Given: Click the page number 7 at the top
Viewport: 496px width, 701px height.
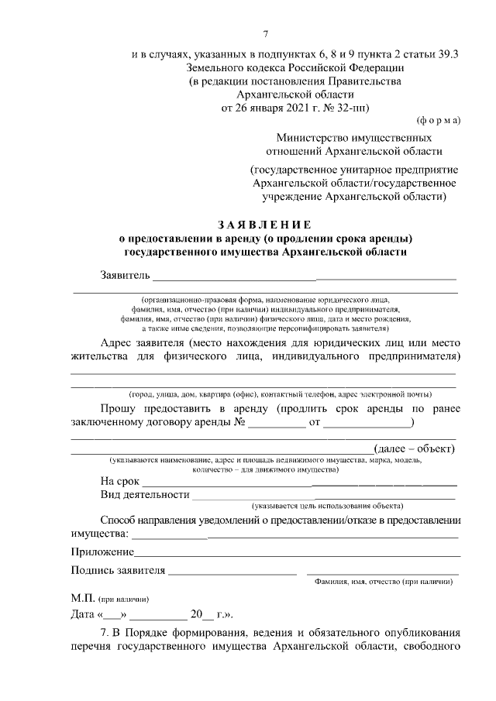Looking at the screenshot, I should pyautogui.click(x=265, y=34).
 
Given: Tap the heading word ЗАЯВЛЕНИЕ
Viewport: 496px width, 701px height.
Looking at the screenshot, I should pyautogui.click(x=264, y=224).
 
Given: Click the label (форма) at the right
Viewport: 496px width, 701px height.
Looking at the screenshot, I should pyautogui.click(x=439, y=120).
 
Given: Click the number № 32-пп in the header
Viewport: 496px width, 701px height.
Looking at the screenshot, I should pyautogui.click(x=350, y=106).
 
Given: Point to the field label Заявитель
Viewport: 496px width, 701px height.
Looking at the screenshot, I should pyautogui.click(x=124, y=275).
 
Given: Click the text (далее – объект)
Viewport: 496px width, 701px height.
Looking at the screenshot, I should pyautogui.click(x=414, y=448).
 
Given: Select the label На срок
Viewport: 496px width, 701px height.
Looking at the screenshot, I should pyautogui.click(x=120, y=481).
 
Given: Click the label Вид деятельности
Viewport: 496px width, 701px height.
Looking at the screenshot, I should pyautogui.click(x=145, y=494).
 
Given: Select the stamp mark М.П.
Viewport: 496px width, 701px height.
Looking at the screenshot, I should pyautogui.click(x=81, y=599).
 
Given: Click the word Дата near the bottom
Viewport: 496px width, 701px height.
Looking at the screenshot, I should pyautogui.click(x=84, y=616).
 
